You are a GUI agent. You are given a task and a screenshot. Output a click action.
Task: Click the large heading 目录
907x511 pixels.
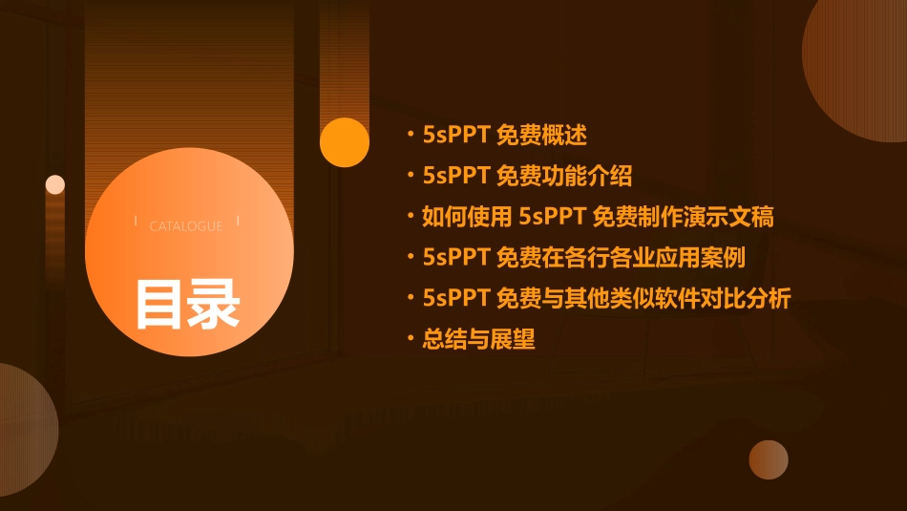pos(187,304)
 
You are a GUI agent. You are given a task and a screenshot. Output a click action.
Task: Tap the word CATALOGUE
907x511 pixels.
pos(186,226)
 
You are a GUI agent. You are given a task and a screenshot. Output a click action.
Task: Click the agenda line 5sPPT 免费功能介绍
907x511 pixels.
pos(527,176)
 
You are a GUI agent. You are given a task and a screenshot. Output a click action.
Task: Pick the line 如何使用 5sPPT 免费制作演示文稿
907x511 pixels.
pos(598,217)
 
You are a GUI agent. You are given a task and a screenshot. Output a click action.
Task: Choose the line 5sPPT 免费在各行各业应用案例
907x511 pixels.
pos(583,257)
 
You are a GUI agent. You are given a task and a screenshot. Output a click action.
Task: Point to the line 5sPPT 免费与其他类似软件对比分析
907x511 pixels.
pos(606,298)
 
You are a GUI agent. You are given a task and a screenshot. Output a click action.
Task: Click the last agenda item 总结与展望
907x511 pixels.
pos(479,339)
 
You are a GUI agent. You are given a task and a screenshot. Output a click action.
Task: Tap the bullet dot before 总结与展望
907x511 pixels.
pos(411,339)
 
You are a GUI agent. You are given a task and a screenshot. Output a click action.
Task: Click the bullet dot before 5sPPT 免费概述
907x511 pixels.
pos(411,135)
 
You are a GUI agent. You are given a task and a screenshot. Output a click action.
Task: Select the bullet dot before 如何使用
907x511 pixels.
pos(411,217)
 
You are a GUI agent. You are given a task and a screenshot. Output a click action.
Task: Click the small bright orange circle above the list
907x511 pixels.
pos(345,142)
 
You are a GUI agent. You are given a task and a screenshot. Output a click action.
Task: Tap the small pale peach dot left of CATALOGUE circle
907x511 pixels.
pos(55,184)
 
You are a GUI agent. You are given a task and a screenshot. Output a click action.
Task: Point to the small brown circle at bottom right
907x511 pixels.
pos(769,459)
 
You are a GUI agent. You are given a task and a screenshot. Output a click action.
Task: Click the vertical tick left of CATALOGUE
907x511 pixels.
pos(136,222)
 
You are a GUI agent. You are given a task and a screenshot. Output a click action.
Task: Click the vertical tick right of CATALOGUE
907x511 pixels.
pos(238,222)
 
